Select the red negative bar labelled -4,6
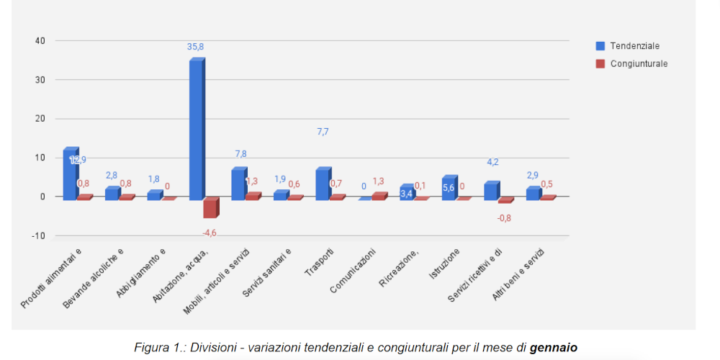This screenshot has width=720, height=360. pos(210,208)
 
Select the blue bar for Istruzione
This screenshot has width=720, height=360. pos(449,188)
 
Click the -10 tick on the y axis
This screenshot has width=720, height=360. pos(38,235)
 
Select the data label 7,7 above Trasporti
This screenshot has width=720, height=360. pos(323,132)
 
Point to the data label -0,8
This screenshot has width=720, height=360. pos(504,218)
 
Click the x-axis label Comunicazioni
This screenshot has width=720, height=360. pos(354,271)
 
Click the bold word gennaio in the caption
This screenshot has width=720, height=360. pos(553,348)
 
